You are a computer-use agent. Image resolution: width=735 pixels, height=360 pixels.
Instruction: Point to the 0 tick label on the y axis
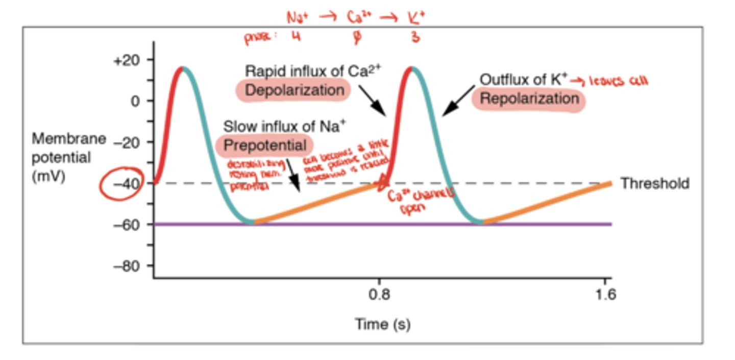[x=134, y=101]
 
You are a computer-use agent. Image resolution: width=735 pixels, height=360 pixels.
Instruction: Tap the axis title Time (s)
[x=382, y=324]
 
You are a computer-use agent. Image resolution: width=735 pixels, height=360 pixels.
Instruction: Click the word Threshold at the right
[x=654, y=184]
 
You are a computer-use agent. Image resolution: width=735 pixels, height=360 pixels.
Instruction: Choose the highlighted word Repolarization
[x=529, y=99]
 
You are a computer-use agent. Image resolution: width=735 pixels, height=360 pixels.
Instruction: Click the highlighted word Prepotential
[x=265, y=145]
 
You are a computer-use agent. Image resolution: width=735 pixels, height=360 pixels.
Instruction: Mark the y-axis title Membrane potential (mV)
[x=69, y=157]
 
